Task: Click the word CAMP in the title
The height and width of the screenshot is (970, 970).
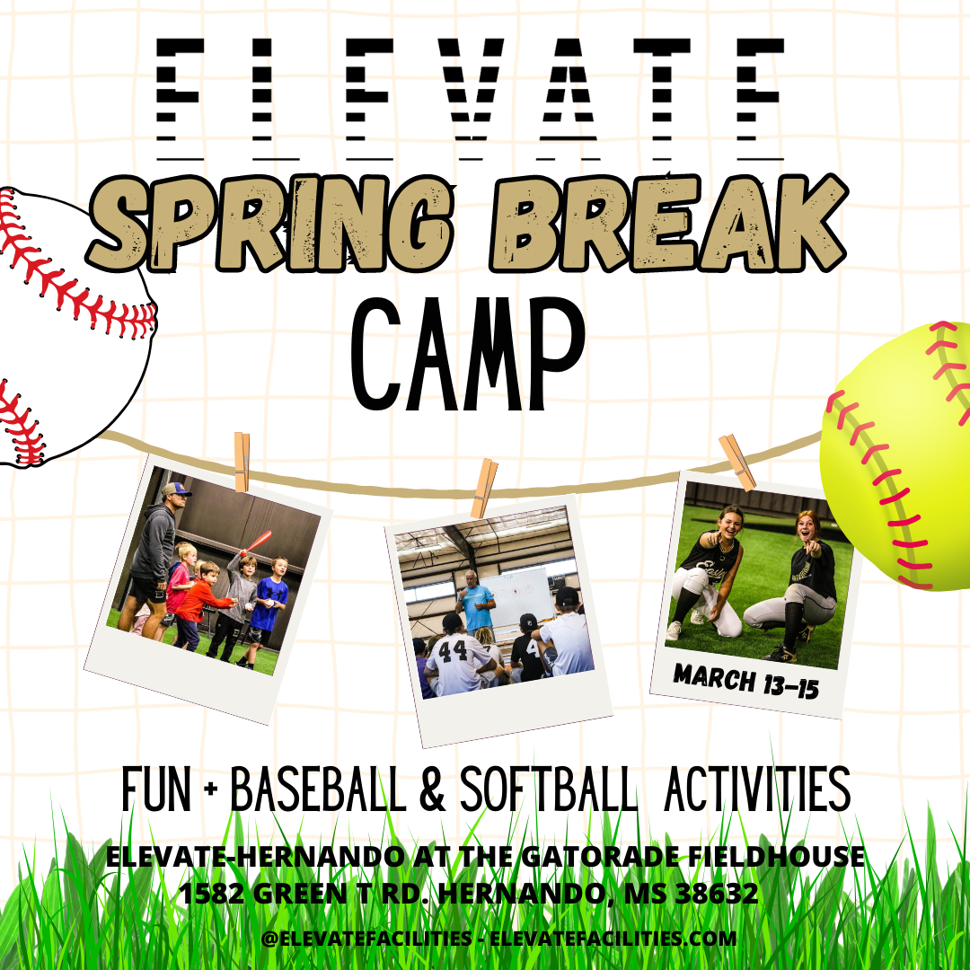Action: tap(468, 354)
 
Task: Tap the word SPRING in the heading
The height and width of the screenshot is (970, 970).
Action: tap(271, 224)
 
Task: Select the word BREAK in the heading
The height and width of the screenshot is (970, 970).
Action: tap(668, 223)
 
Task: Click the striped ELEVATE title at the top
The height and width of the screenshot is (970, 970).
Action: tap(470, 99)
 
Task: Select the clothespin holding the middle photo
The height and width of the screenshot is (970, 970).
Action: tap(484, 488)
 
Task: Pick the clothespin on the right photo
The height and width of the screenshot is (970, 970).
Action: tap(737, 463)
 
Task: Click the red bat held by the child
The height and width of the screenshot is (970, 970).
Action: tap(256, 542)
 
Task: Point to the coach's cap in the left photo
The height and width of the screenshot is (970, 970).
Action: tap(176, 489)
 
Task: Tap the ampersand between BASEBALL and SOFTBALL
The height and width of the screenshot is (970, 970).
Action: tap(432, 789)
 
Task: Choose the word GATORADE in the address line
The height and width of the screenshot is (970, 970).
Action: tap(601, 857)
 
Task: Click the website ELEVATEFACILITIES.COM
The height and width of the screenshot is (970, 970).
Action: tap(613, 938)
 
